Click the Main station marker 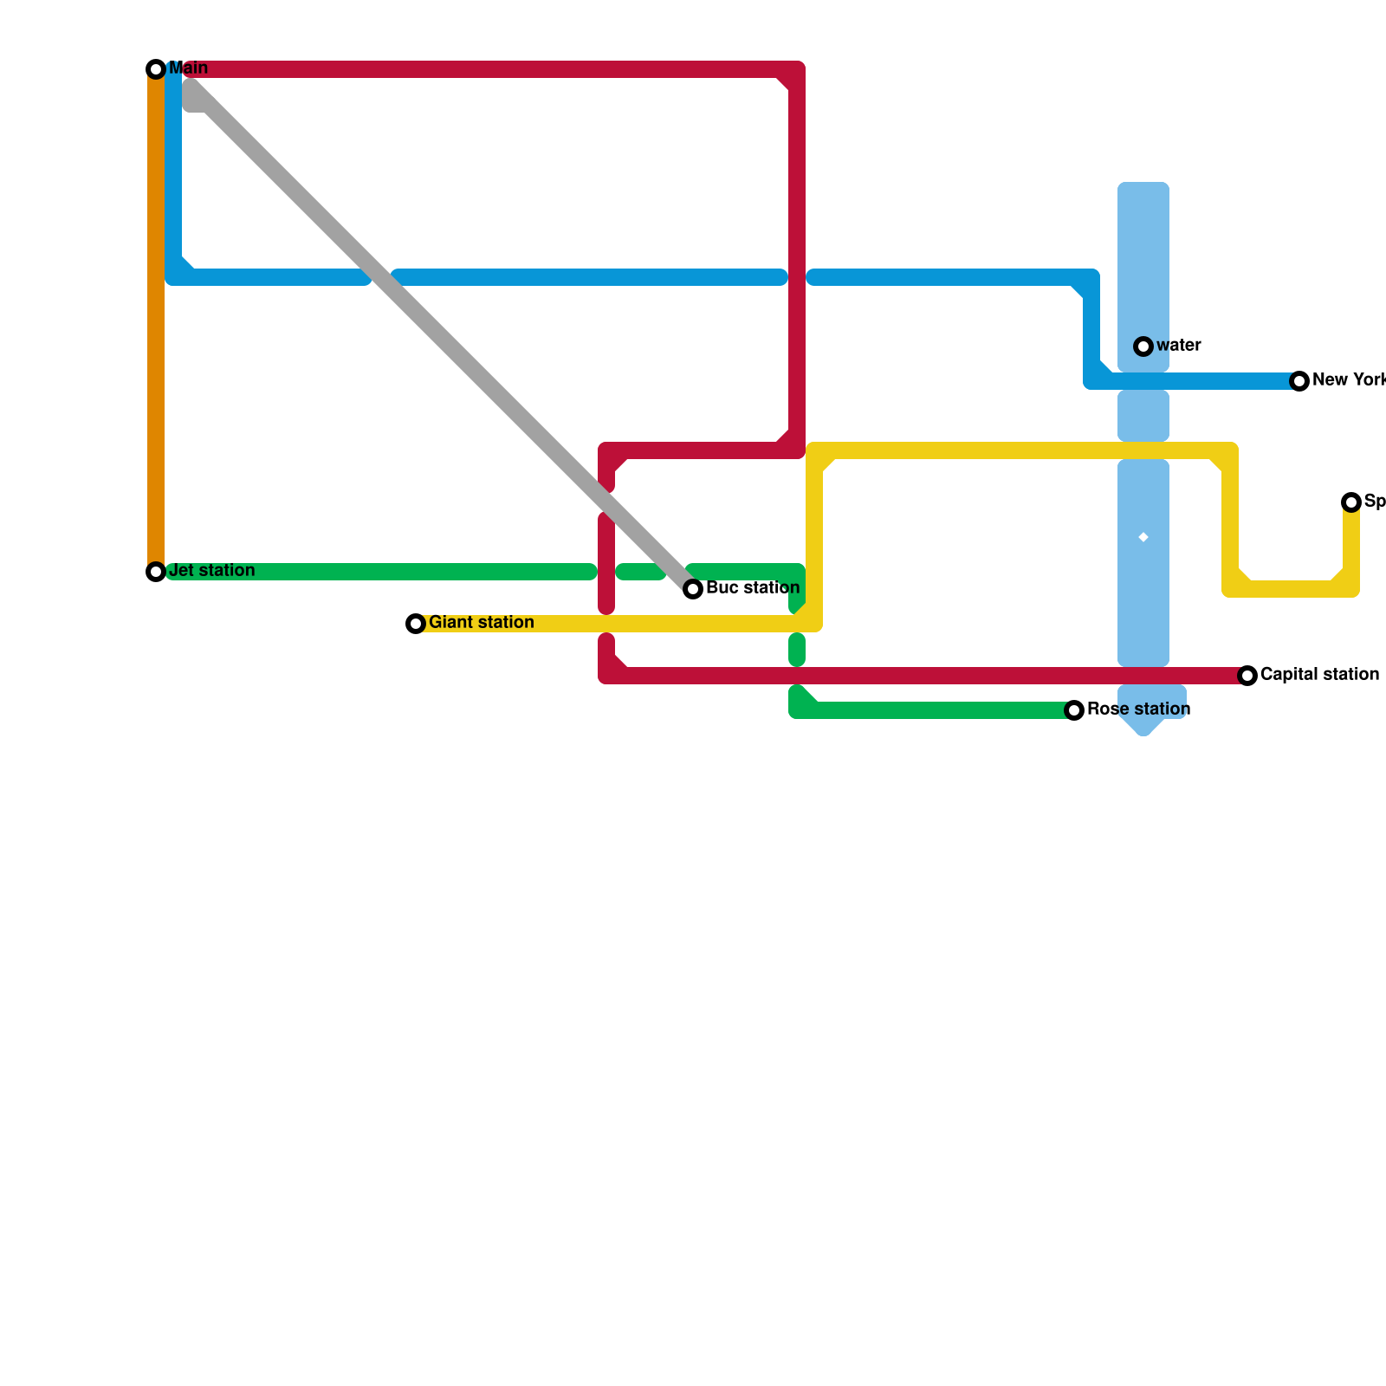(x=156, y=69)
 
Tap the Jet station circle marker (x=156, y=572)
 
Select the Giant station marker (x=416, y=624)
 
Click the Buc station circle (x=693, y=589)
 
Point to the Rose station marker (x=1074, y=710)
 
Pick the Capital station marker (x=1247, y=676)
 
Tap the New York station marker (x=1299, y=381)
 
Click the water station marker (x=1143, y=346)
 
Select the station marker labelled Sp (x=1351, y=502)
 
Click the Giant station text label (x=481, y=623)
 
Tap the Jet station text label (x=211, y=571)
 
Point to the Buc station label (x=752, y=588)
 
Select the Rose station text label (x=1138, y=709)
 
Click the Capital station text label (x=1319, y=675)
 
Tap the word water (x=1178, y=346)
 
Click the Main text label (x=188, y=68)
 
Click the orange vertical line (x=156, y=321)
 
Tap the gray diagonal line (x=433, y=329)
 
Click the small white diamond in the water (x=1143, y=538)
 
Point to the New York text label (x=1348, y=380)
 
